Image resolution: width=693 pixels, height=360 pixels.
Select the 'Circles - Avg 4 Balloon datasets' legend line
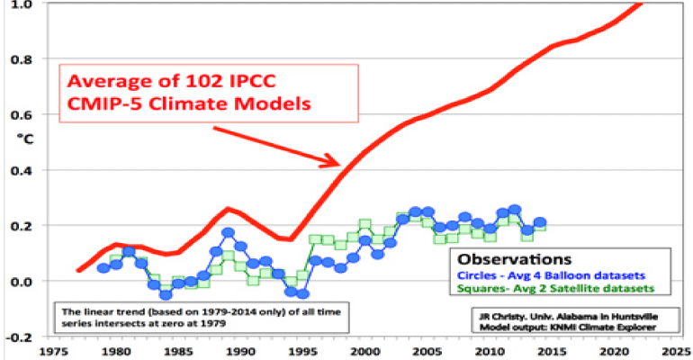click(x=551, y=274)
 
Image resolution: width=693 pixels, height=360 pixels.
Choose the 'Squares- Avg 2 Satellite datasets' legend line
click(x=553, y=289)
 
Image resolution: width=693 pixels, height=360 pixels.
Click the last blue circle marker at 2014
click(x=540, y=221)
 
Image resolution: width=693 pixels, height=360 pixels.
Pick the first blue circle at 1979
click(x=103, y=268)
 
